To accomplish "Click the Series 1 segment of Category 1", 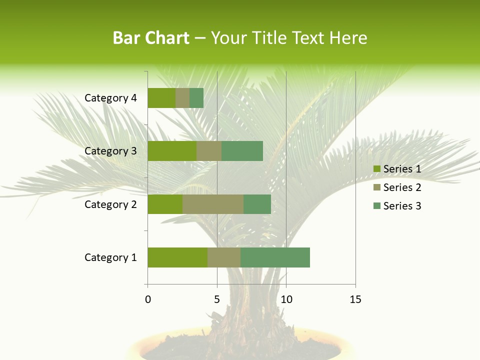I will pos(177,257).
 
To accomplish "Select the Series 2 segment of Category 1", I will pos(224,257).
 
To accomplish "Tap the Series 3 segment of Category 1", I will pos(275,257).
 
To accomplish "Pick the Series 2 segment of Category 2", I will pos(213,204).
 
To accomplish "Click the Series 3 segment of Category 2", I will pos(257,204).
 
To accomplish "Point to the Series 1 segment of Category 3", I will pos(172,151).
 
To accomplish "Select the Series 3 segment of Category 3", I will pos(242,151).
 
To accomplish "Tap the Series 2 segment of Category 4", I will pos(182,98).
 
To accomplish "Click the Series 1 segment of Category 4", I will pos(161,98).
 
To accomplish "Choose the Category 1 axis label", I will pos(110,257).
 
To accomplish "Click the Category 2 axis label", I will pos(110,204).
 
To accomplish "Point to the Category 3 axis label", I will pos(110,151).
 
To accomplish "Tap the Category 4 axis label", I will pos(110,98).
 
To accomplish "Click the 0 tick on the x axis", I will pos(148,299).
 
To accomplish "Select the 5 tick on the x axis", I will pos(217,299).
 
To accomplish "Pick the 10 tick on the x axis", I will pos(286,299).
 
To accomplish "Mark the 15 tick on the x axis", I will pos(355,299).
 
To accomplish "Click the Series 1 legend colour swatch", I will pos(376,169).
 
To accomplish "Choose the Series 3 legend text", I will pos(402,206).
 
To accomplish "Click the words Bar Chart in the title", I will pos(151,38).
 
